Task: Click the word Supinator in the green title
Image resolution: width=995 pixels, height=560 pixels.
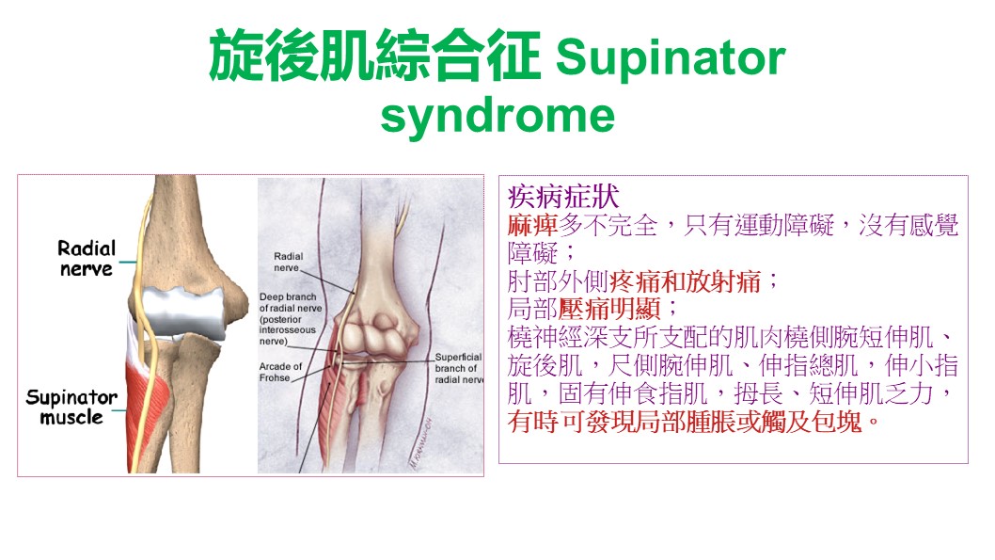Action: [671, 57]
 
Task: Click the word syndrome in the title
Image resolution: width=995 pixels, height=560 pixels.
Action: [497, 116]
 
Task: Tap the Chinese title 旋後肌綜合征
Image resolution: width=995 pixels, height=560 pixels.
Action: [374, 56]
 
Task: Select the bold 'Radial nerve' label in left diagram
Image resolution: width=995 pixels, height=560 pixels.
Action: [87, 259]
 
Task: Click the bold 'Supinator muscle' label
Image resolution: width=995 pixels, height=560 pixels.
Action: [71, 407]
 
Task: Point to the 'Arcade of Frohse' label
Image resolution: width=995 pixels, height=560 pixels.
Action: [280, 372]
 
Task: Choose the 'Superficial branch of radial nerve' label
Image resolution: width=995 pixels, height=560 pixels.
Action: [458, 368]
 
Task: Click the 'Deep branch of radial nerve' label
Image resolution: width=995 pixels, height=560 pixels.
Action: [290, 319]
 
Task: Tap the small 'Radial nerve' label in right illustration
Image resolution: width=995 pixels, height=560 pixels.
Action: [288, 262]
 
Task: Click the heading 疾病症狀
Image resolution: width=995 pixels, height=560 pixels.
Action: [562, 196]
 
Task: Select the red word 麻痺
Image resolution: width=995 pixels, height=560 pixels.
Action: [532, 225]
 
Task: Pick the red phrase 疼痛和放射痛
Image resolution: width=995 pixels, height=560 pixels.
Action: [685, 281]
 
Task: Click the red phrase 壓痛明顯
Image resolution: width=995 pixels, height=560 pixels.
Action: [609, 310]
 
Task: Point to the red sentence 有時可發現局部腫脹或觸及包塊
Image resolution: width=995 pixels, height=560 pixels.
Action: [685, 422]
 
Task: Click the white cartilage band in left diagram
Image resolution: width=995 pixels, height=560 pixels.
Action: [183, 312]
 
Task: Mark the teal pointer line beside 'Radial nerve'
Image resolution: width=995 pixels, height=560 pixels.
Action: [128, 262]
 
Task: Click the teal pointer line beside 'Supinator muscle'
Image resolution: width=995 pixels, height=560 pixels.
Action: [119, 410]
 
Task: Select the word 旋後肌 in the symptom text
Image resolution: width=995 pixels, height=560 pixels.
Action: [545, 366]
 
